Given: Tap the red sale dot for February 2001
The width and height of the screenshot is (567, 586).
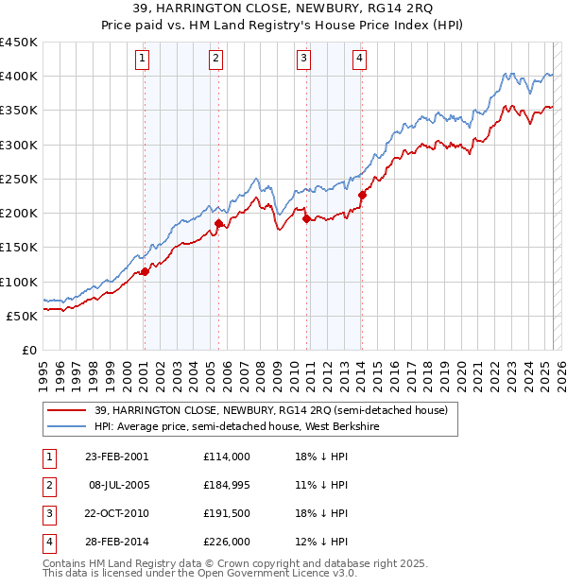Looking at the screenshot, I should click(146, 272).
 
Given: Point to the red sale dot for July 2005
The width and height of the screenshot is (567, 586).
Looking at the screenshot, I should click(218, 224).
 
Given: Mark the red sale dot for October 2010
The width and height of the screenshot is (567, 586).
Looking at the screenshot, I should click(306, 219).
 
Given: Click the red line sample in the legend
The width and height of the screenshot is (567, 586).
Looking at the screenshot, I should click(67, 410).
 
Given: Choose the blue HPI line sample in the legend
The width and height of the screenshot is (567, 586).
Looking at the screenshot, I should click(67, 426).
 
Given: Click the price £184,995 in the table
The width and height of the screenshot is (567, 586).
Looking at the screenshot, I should click(227, 485).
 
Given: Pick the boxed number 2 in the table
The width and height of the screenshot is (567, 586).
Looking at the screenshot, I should click(47, 485).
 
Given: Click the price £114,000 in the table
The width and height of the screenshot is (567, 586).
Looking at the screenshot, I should click(227, 457).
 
